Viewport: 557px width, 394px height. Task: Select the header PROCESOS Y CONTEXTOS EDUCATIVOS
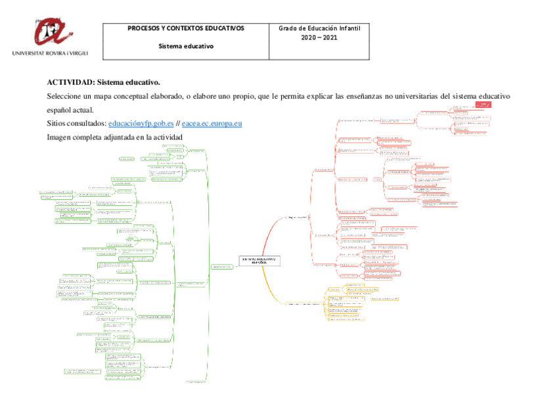coord(186,29)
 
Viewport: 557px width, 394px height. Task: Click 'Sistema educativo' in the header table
coord(186,46)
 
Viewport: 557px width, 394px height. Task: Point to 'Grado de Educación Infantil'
coord(319,29)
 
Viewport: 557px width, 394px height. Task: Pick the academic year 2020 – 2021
coord(319,38)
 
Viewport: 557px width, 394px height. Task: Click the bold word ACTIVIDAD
coord(70,82)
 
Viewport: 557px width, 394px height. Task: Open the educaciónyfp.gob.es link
coord(141,123)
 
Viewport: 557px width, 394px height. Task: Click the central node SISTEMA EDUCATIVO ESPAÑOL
coord(259,260)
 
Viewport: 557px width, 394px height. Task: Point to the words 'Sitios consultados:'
coord(76,123)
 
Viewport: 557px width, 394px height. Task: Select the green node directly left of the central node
coord(221,266)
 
